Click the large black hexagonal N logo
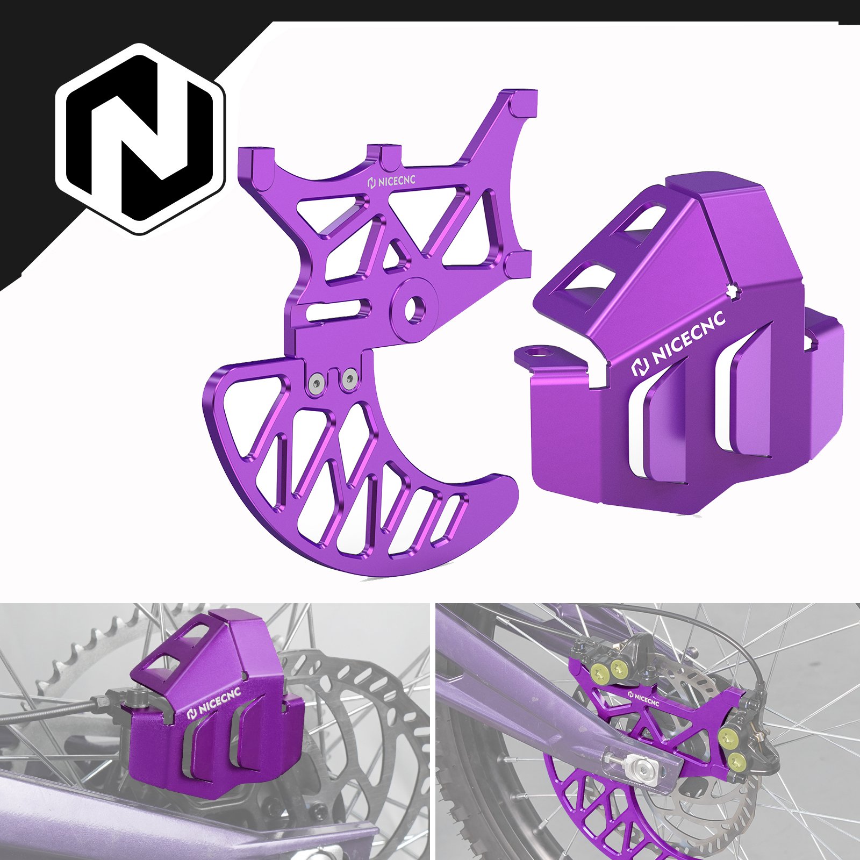[141, 139]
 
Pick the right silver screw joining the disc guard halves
[349, 379]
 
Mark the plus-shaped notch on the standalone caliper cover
[733, 290]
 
